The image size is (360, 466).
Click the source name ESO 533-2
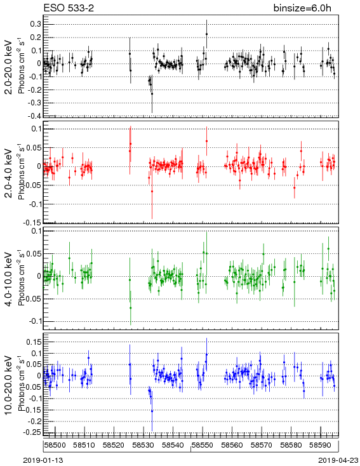69,8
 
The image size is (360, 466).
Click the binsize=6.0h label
302,8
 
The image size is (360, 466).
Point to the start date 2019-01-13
43,460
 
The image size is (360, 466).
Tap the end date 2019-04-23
338,460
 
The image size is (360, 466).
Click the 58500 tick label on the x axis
55,445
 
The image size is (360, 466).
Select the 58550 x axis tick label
203,445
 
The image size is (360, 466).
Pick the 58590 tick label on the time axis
321,445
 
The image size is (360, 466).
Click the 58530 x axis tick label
143,445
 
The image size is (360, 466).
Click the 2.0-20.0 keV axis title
9,67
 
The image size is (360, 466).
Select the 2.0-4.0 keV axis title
9,173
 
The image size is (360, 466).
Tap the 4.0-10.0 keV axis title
9,279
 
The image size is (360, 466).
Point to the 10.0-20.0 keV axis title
9,385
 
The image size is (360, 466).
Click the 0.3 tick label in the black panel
36,24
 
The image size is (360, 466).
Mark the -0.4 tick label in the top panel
34,116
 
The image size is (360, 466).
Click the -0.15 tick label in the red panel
33,223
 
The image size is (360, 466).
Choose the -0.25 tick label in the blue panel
33,432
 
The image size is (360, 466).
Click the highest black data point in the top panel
206,34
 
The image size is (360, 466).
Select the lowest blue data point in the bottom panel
152,411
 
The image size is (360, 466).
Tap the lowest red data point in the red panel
152,191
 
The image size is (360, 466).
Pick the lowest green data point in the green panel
131,308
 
